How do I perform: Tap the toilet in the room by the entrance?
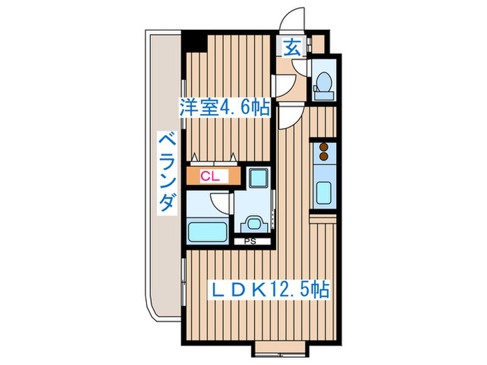pyautogui.click(x=322, y=83)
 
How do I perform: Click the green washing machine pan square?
pyautogui.click(x=257, y=178)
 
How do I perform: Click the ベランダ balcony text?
pyautogui.click(x=166, y=174)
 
